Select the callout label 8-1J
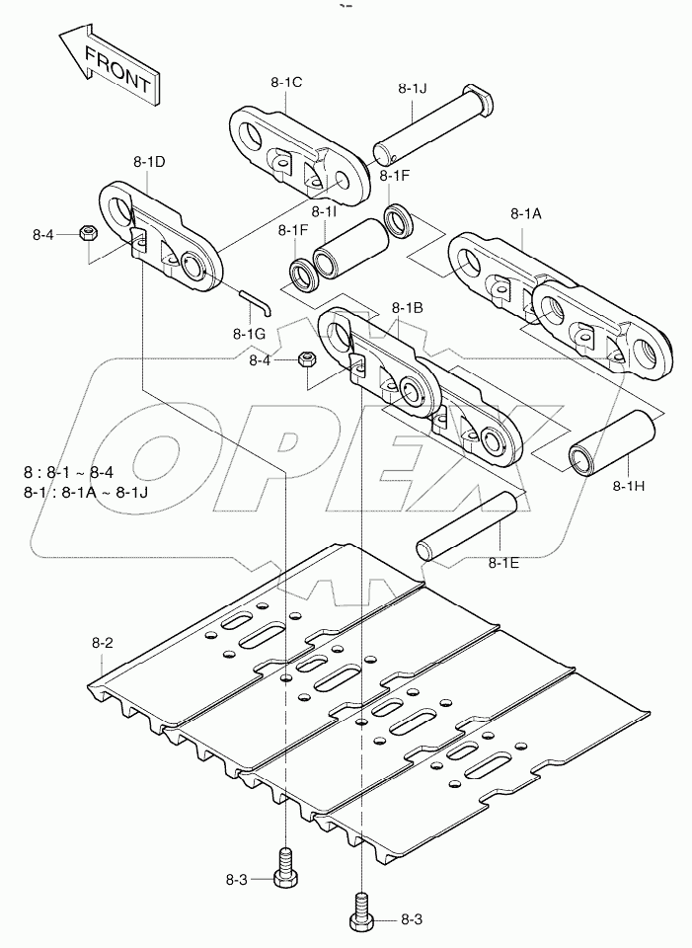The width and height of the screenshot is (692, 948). [x=413, y=88]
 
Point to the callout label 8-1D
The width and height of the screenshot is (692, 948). [x=149, y=159]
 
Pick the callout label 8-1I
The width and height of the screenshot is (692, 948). [x=324, y=211]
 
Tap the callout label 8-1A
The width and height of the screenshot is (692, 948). [x=526, y=212]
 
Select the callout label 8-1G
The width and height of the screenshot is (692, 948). [x=251, y=333]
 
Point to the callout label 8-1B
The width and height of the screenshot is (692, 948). [x=407, y=307]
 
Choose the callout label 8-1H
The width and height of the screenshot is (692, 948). [x=629, y=485]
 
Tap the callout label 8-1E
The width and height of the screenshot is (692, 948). [x=503, y=563]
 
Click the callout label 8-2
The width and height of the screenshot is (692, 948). [x=104, y=643]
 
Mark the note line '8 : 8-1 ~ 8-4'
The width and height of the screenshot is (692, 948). [x=82, y=472]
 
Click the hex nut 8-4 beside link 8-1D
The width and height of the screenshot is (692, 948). [x=86, y=233]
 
